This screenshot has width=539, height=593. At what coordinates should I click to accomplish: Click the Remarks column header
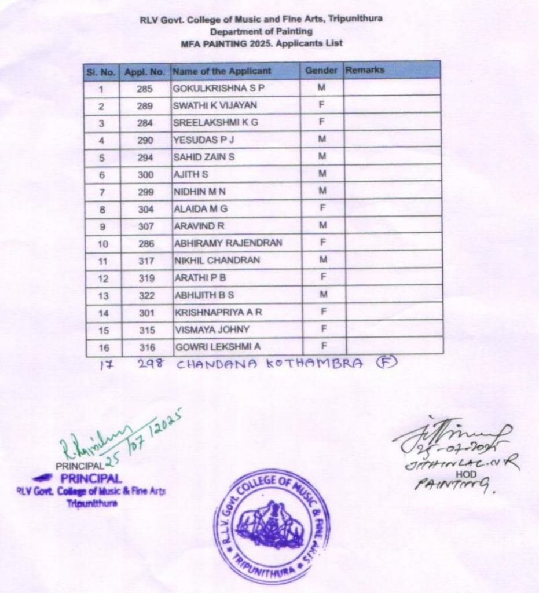pyautogui.click(x=365, y=70)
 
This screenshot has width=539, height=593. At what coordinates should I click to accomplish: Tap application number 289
pyautogui.click(x=145, y=106)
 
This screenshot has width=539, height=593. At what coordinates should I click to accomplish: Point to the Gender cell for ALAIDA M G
pyautogui.click(x=322, y=208)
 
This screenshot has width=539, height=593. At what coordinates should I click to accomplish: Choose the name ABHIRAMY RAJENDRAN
pyautogui.click(x=228, y=243)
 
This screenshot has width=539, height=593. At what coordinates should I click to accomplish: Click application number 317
pyautogui.click(x=146, y=261)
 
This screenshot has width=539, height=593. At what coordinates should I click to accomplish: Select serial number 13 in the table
pyautogui.click(x=103, y=295)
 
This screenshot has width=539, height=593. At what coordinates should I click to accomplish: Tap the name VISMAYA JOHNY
pyautogui.click(x=212, y=330)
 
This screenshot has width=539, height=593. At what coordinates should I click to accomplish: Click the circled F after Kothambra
pyautogui.click(x=383, y=363)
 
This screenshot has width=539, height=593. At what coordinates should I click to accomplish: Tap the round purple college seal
pyautogui.click(x=272, y=526)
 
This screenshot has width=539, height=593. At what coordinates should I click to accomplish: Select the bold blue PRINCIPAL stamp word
pyautogui.click(x=91, y=479)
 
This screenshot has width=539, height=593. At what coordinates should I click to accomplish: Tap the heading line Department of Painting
pyautogui.click(x=261, y=31)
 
